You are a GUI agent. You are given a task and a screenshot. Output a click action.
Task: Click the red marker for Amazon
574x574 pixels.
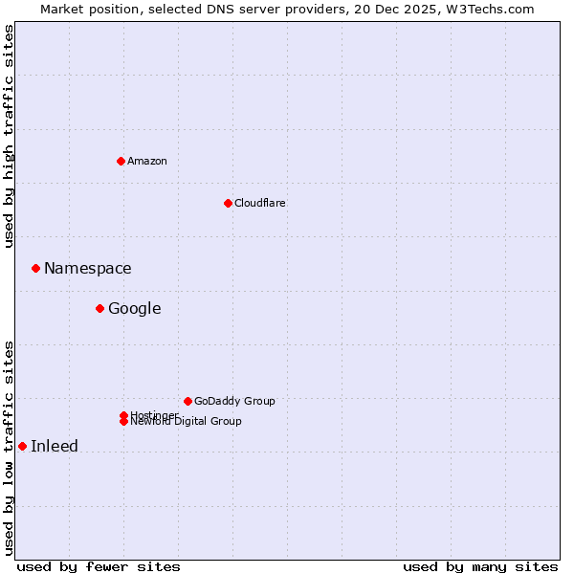coord(121,161)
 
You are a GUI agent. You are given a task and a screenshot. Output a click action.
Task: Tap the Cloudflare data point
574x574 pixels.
coord(228,203)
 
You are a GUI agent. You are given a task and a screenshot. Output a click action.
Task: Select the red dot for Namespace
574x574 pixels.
coord(35,268)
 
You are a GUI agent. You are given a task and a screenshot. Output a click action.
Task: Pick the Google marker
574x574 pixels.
coord(99,308)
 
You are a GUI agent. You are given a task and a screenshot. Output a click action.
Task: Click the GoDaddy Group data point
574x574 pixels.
coord(188,401)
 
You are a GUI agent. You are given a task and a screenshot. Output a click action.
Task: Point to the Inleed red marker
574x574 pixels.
coord(22,446)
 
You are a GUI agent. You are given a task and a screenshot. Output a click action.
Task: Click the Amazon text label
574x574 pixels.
coord(146,161)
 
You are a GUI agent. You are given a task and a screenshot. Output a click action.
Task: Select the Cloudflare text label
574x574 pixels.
coord(259,203)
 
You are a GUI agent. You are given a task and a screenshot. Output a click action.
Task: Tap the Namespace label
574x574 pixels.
coord(87,268)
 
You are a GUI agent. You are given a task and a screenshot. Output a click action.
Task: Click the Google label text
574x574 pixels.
coord(134,308)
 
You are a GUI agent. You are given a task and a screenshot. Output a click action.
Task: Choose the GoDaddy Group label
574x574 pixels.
coord(233,401)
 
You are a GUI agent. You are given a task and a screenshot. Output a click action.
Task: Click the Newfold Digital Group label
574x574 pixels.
coord(186,421)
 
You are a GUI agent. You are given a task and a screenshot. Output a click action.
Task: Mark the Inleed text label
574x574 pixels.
coord(55,446)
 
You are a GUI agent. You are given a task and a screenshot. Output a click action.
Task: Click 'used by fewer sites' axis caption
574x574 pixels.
coord(99,566)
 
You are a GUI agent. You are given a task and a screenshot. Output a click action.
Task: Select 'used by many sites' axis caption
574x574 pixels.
coord(480,566)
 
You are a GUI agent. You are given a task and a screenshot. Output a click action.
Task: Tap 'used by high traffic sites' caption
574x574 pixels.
coord(9,136)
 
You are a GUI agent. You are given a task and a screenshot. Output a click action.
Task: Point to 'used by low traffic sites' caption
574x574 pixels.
coord(9,448)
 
